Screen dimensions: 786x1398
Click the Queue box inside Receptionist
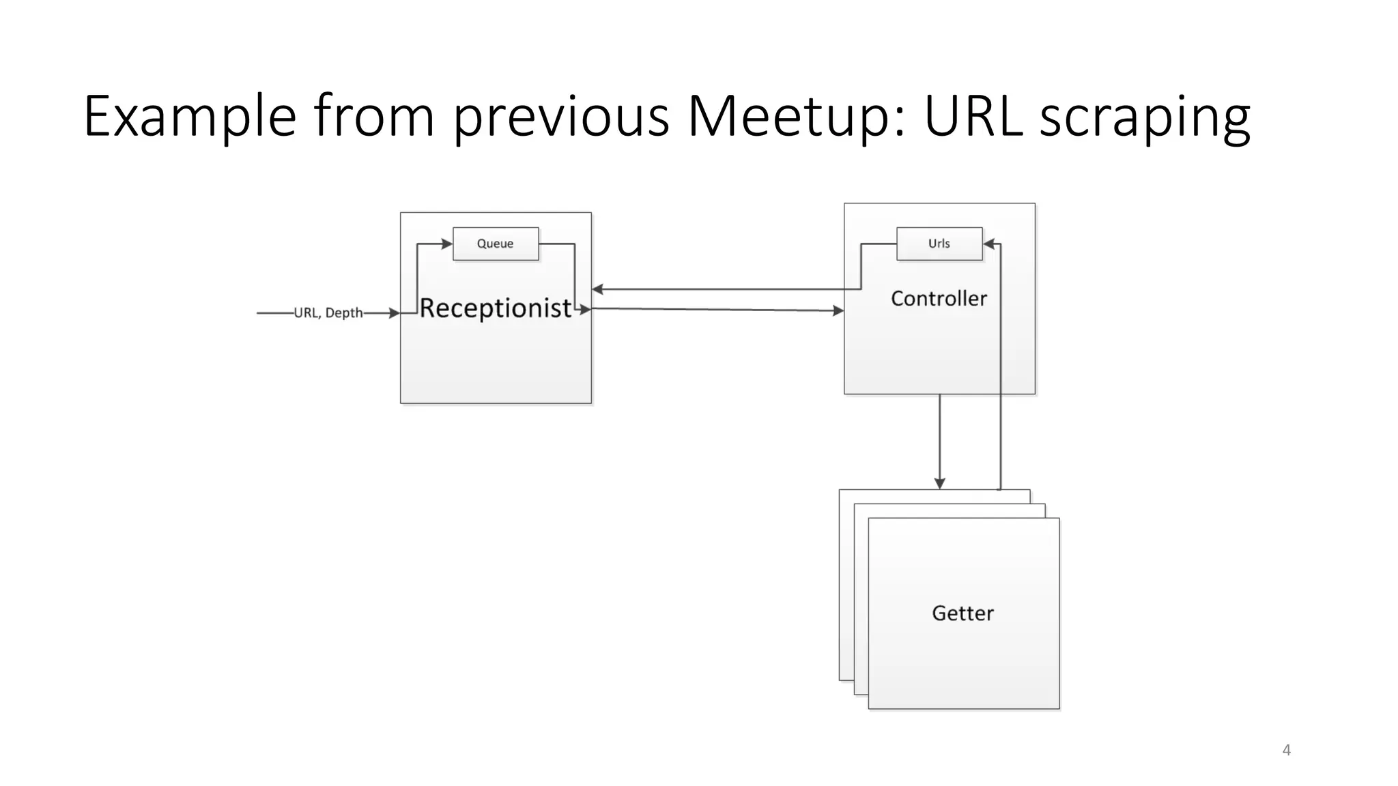tap(496, 244)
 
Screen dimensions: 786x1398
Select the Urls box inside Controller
tap(939, 244)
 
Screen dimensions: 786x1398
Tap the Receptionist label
tap(495, 308)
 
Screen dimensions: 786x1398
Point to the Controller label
tap(939, 298)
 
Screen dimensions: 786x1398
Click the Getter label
tap(962, 613)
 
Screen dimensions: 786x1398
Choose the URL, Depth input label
tap(328, 312)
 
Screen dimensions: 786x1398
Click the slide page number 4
tap(1286, 750)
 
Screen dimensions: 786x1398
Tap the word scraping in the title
tap(1145, 117)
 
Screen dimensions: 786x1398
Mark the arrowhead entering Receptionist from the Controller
tap(597, 289)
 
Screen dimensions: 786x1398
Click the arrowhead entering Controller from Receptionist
tap(838, 311)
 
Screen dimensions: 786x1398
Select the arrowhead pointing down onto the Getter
tap(939, 483)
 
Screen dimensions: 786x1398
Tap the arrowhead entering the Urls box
tap(989, 244)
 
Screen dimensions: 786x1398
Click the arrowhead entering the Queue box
tap(447, 244)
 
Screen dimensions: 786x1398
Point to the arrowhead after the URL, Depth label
tap(394, 313)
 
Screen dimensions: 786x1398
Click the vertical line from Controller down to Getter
tap(939, 437)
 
